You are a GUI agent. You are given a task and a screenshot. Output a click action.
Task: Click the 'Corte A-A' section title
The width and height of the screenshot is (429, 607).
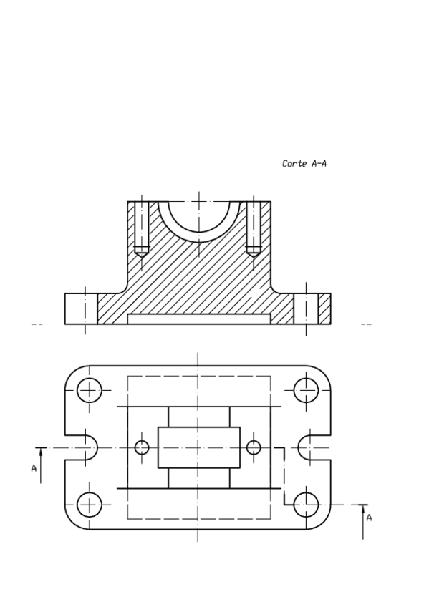[305, 164]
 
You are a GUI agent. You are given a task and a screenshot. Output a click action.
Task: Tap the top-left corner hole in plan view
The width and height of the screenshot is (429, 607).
[90, 391]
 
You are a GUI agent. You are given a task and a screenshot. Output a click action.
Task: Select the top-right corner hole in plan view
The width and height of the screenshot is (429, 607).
[306, 391]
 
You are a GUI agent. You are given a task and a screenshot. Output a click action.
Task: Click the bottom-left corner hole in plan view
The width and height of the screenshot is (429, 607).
[90, 505]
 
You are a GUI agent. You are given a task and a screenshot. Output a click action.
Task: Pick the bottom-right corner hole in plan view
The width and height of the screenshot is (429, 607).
[306, 505]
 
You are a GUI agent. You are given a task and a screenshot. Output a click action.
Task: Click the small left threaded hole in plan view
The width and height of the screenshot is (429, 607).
[142, 448]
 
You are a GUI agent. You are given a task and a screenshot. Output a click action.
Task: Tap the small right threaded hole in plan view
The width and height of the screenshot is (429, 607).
[254, 448]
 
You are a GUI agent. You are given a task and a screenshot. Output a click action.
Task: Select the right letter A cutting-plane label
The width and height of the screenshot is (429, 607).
[369, 517]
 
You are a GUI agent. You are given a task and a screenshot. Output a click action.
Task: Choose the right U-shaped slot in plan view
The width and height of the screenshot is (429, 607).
[314, 448]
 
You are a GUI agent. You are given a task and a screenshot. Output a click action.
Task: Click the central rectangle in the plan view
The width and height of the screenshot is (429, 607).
[198, 448]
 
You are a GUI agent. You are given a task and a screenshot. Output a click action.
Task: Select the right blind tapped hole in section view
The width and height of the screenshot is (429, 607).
[254, 229]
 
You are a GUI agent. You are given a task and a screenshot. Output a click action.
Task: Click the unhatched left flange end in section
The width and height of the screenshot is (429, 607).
[80, 309]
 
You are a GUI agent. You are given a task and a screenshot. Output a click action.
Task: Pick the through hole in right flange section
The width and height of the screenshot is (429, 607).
[306, 309]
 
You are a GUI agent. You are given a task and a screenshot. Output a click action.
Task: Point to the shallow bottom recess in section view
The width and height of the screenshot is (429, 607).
[198, 319]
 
